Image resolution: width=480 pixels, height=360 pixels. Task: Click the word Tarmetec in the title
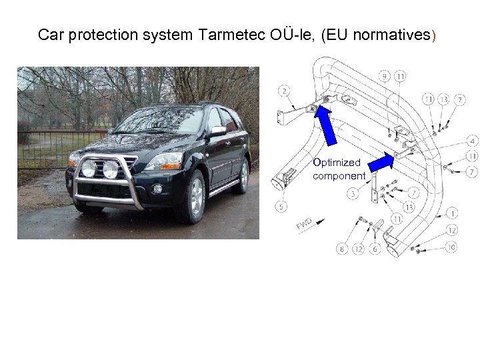(230, 35)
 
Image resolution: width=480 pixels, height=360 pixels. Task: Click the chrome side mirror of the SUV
(217, 131)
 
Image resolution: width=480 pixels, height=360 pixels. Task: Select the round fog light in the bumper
(157, 189)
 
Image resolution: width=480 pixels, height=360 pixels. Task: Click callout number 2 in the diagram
(285, 91)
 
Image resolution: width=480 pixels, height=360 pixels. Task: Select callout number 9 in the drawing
(386, 76)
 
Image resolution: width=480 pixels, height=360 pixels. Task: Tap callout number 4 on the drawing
(472, 141)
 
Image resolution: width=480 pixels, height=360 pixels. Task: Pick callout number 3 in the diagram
(351, 194)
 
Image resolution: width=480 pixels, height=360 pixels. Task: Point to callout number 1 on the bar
(453, 214)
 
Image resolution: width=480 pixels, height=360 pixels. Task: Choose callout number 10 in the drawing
(451, 247)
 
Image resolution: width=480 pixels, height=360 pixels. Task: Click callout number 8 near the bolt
(342, 249)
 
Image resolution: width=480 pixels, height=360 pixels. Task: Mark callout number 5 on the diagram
(282, 207)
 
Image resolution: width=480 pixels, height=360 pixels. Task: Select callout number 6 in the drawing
(375, 249)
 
